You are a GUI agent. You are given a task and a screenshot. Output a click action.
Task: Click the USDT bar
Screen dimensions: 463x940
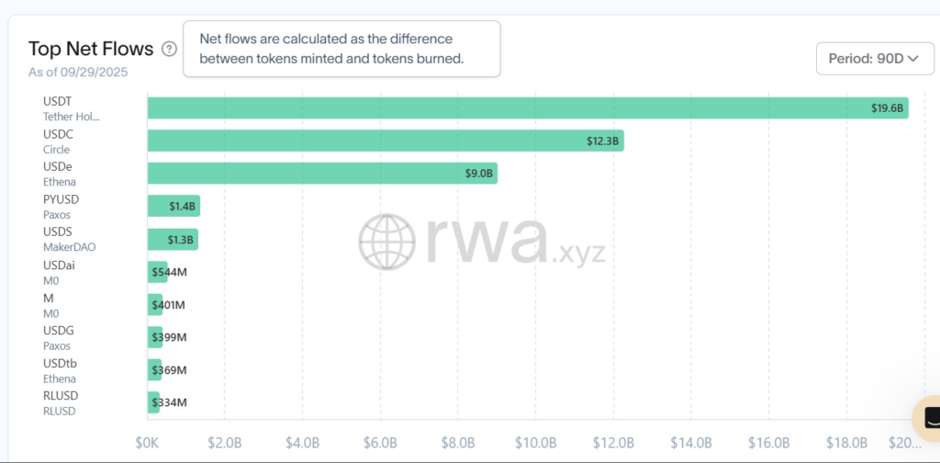[x=528, y=107]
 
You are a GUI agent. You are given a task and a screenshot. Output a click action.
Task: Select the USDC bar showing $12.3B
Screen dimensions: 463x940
[x=386, y=141]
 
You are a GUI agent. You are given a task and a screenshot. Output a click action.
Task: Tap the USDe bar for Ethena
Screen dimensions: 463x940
[x=321, y=174]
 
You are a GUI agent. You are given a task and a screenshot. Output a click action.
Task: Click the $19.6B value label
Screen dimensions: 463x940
[x=887, y=108]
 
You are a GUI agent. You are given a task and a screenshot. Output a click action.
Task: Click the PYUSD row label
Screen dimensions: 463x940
[x=62, y=198]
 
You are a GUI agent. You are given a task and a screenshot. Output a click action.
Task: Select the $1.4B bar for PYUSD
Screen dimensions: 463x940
[x=173, y=206]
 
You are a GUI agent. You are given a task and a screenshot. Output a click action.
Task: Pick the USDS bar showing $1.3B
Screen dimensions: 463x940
[x=173, y=239]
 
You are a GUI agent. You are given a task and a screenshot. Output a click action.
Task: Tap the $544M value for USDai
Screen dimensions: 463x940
[x=170, y=272]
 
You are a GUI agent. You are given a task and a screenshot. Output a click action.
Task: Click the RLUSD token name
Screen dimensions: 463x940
[x=62, y=396]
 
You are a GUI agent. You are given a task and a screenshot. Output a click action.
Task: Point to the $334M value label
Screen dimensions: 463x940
[x=169, y=402]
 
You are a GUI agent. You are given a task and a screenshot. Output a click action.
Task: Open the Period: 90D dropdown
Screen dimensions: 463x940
[x=874, y=59]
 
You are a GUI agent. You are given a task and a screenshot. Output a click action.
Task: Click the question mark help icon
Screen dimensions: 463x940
[x=169, y=49]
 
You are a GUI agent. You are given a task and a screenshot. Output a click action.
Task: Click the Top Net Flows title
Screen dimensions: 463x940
[x=91, y=49]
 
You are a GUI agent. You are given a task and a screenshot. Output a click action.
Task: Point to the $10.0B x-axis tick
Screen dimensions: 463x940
[x=534, y=443]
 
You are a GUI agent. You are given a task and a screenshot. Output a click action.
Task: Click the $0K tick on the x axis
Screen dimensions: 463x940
[x=148, y=443]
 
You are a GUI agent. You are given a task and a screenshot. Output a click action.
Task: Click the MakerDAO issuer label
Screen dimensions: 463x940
[x=69, y=247]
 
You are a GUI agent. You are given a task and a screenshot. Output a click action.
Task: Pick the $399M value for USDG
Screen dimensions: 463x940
[x=169, y=337]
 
